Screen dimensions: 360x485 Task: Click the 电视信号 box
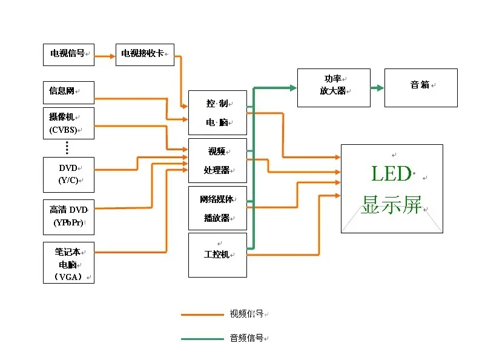(x=68, y=55)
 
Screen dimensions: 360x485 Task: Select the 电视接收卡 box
(x=145, y=55)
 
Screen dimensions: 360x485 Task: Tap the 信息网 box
(x=68, y=92)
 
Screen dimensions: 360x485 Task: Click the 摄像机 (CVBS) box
(x=68, y=124)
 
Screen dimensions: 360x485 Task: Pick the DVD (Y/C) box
(x=68, y=174)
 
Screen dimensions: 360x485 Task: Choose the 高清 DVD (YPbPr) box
(x=68, y=216)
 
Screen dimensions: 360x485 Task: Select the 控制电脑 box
(x=217, y=113)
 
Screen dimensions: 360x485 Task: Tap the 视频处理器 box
(x=217, y=161)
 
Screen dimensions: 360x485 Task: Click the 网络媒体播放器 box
(x=217, y=208)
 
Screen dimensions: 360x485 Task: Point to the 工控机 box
(x=217, y=255)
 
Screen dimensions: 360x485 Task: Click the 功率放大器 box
(x=333, y=87)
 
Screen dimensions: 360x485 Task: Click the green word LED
(x=391, y=175)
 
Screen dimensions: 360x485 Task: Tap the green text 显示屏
(x=391, y=205)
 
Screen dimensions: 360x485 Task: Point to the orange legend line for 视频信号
(x=202, y=315)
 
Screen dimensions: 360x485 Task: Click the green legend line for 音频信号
(x=202, y=339)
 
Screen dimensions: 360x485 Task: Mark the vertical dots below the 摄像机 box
(x=67, y=147)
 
